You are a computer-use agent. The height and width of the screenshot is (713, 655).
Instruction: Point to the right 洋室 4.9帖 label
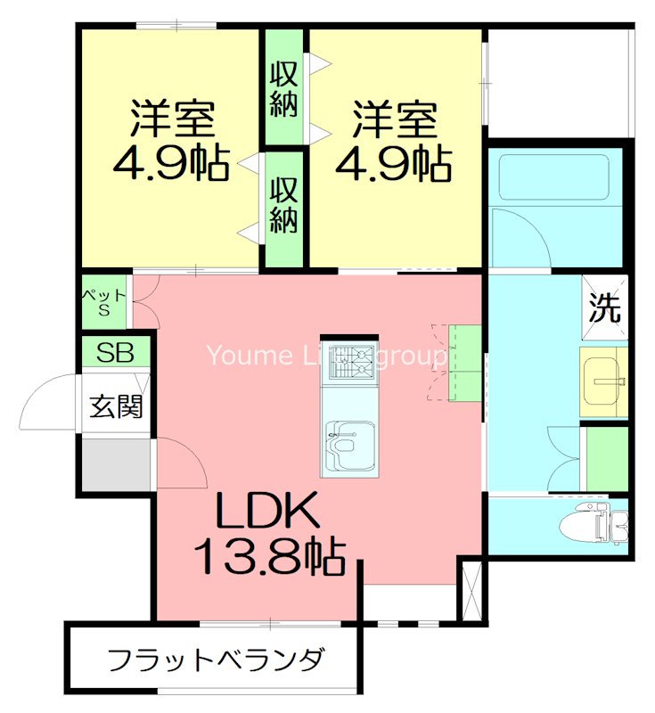(393, 143)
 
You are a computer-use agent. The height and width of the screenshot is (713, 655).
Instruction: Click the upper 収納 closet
(283, 86)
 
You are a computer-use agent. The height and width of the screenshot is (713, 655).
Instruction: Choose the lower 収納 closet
(283, 206)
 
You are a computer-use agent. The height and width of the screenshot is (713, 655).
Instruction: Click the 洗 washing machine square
(604, 308)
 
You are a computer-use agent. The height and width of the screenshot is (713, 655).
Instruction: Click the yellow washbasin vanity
(603, 382)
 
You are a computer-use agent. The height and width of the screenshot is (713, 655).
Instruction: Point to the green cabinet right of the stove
(464, 361)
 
